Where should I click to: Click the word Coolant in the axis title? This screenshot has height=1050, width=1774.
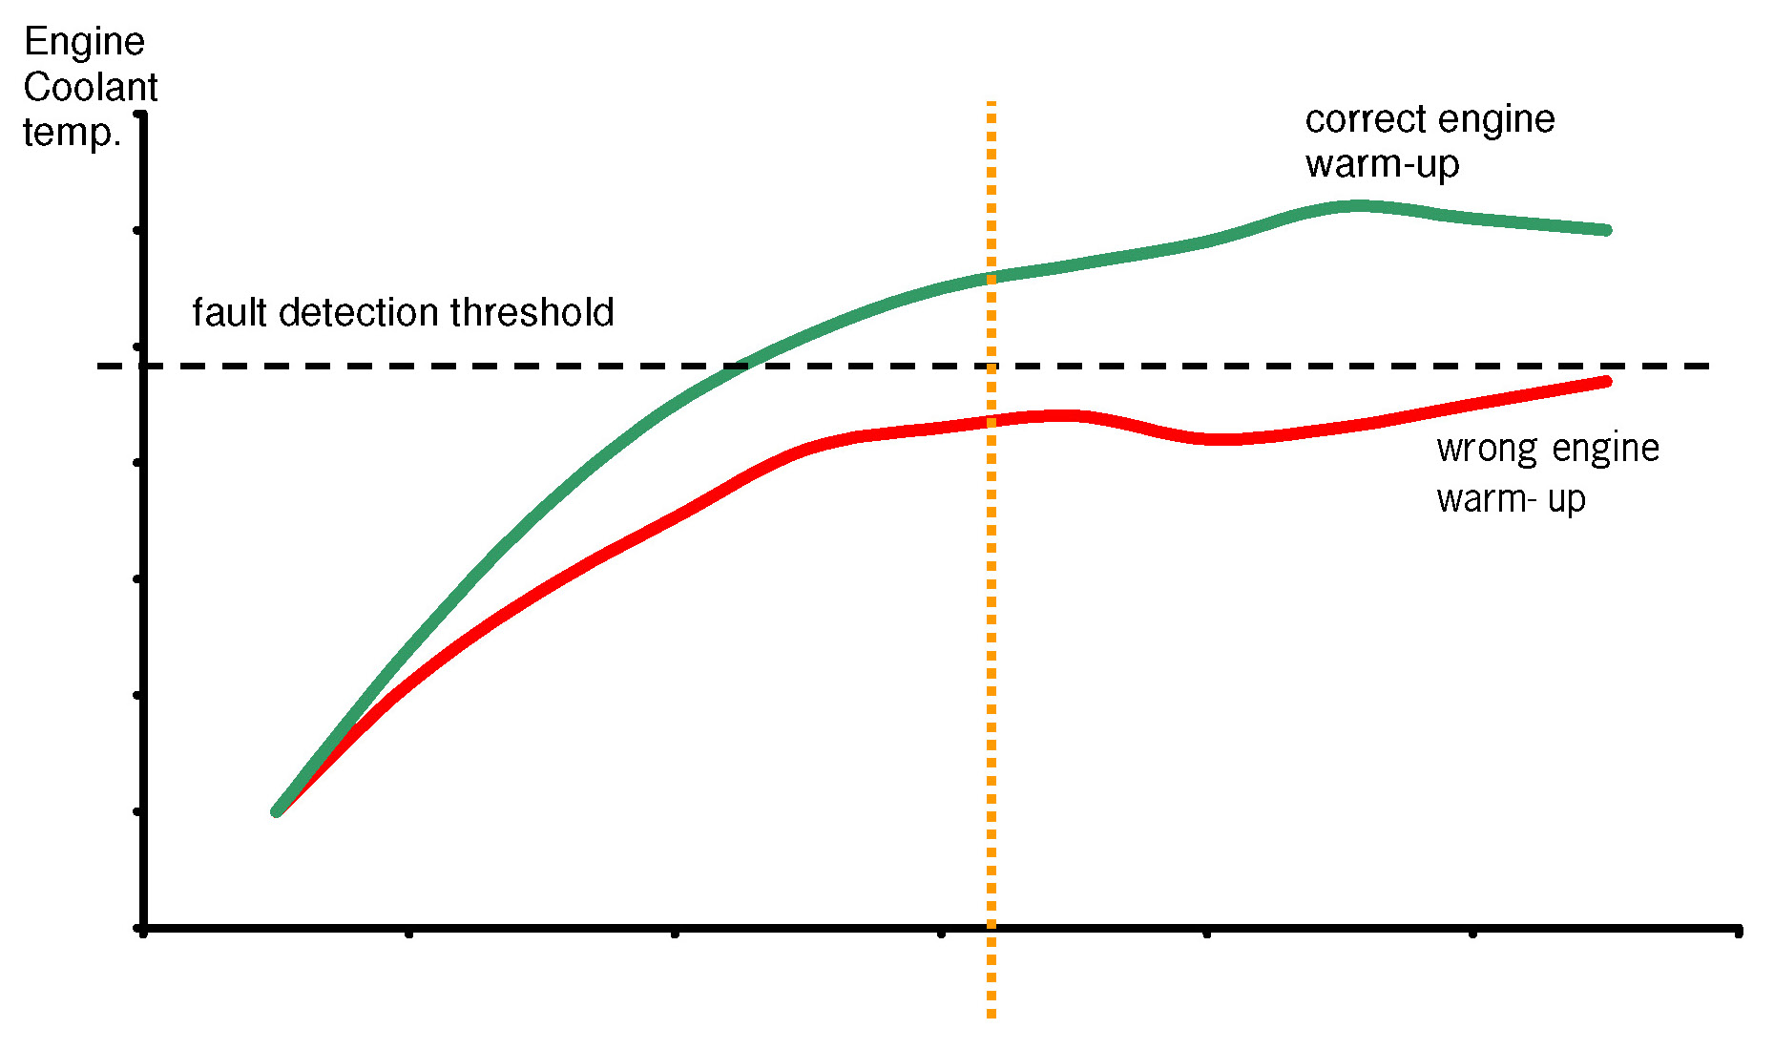click(x=90, y=88)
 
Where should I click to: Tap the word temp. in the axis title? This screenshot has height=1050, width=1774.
click(x=72, y=133)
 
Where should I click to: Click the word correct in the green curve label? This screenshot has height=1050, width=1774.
click(x=1354, y=119)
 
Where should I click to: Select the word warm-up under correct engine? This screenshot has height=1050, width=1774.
click(x=1382, y=164)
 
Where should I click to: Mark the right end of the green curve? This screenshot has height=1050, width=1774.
click(x=1607, y=230)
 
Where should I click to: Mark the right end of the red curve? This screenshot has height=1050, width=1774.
click(x=1607, y=382)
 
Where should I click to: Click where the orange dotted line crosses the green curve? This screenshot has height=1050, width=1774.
click(x=991, y=278)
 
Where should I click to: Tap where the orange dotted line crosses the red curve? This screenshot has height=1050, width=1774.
click(x=991, y=421)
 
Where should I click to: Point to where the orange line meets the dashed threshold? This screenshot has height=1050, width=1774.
click(x=991, y=366)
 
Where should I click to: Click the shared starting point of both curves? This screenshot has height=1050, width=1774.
click(x=277, y=811)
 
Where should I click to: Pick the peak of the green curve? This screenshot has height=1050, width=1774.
click(x=1355, y=205)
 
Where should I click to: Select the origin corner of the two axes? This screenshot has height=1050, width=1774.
click(x=143, y=927)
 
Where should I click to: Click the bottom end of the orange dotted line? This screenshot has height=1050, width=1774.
click(x=991, y=1015)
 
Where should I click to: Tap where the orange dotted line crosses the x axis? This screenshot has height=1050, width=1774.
click(x=991, y=927)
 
